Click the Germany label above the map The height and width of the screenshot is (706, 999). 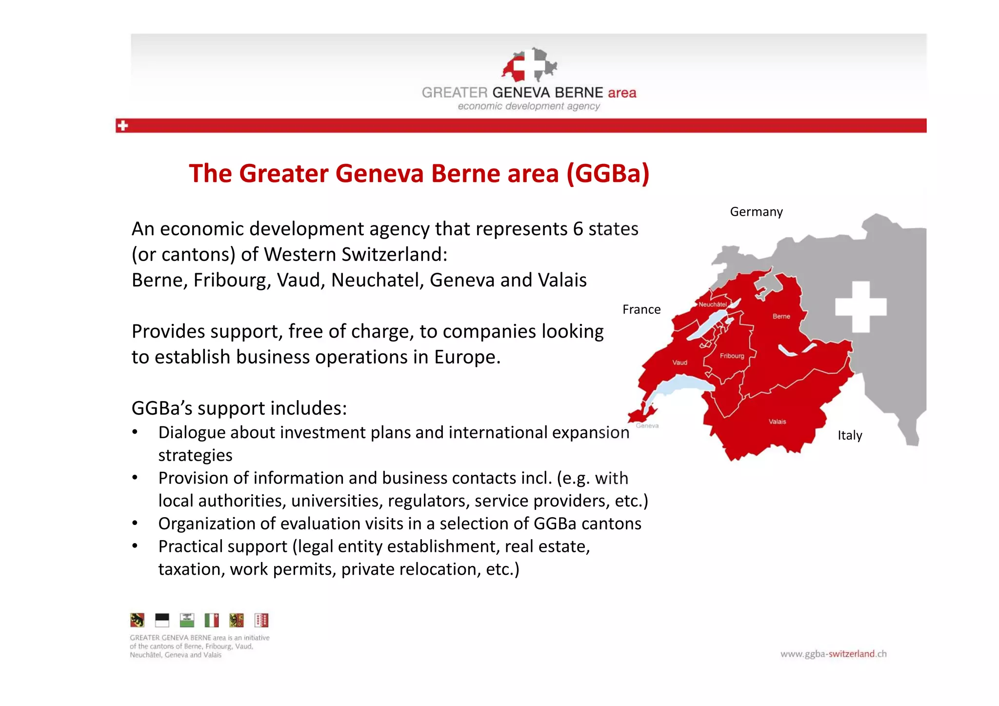(x=756, y=212)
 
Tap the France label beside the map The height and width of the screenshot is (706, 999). (x=641, y=309)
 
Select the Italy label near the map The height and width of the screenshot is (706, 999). (x=850, y=435)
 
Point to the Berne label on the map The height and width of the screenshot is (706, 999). (x=781, y=316)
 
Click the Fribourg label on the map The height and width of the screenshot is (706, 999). (x=732, y=356)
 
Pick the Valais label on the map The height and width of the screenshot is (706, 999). (x=777, y=422)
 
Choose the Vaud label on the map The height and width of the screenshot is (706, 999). (x=679, y=363)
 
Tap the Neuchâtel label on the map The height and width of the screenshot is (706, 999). (x=712, y=304)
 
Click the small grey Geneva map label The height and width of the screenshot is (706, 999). (x=647, y=426)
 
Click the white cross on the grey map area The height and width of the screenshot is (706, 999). (x=860, y=307)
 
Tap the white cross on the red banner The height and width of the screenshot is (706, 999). (x=122, y=125)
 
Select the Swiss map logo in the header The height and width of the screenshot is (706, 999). (x=529, y=65)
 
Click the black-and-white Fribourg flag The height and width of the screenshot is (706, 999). (x=162, y=620)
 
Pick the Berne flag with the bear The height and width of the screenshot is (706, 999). (x=137, y=620)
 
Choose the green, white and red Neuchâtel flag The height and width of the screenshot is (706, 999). (x=212, y=620)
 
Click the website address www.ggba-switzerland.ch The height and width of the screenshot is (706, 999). (x=833, y=654)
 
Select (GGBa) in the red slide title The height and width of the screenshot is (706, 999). (x=608, y=174)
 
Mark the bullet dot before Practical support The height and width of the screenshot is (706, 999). (x=135, y=546)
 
